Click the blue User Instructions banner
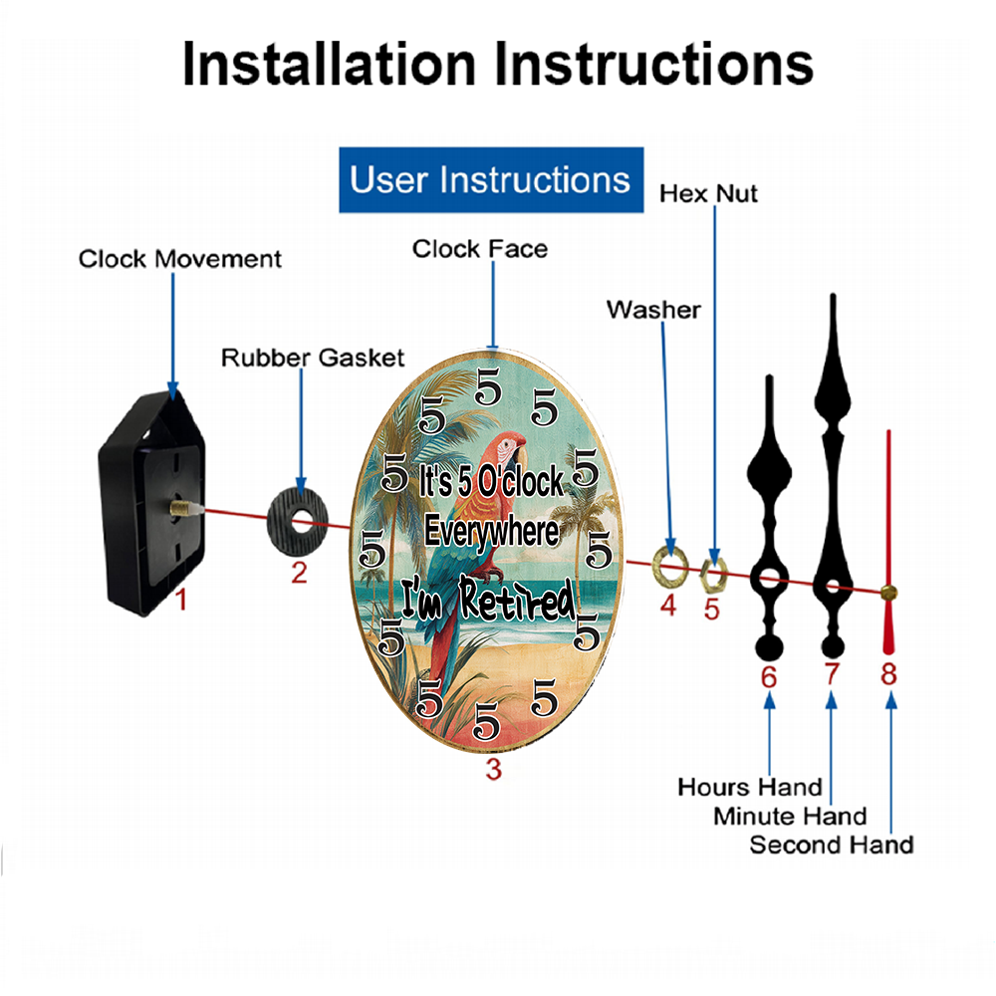click(491, 179)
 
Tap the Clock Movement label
click(179, 259)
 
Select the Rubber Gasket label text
click(313, 358)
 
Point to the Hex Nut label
click(708, 194)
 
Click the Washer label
click(653, 310)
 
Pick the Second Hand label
click(832, 845)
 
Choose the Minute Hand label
click(790, 817)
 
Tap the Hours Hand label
click(750, 787)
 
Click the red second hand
click(888, 543)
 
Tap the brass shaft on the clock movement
click(180, 508)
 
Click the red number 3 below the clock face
click(494, 769)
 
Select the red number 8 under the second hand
click(888, 674)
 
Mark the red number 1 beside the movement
click(181, 600)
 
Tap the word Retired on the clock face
click(518, 599)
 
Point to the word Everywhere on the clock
click(492, 532)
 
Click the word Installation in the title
click(329, 64)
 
